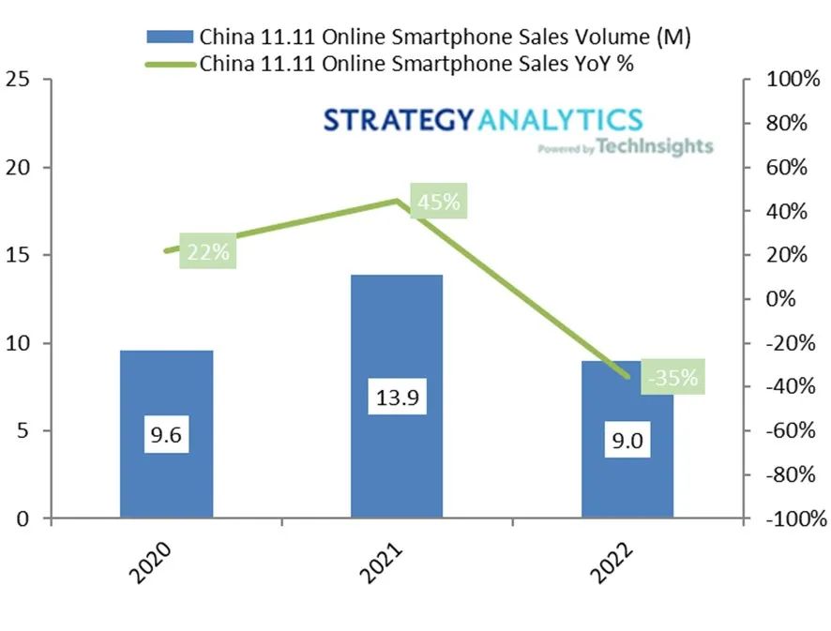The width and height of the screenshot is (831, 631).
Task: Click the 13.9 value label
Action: click(397, 398)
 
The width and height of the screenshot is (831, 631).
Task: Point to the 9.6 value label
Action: click(166, 435)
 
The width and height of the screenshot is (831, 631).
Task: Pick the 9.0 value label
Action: click(627, 440)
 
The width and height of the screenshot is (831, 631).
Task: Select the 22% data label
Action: click(208, 252)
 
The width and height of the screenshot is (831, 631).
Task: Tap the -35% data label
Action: click(672, 378)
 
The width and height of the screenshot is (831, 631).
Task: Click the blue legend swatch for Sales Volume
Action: click(171, 37)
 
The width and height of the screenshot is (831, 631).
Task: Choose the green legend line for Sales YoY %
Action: click(171, 64)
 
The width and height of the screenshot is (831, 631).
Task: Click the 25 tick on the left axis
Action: click(17, 81)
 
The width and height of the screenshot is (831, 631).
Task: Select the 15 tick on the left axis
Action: click(17, 255)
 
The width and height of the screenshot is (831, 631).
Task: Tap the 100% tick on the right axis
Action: click(793, 81)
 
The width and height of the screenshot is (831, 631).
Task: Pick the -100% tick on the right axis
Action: click(793, 518)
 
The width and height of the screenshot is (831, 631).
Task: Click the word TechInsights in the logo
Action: click(654, 147)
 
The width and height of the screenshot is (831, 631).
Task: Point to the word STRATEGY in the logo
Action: click(400, 120)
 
